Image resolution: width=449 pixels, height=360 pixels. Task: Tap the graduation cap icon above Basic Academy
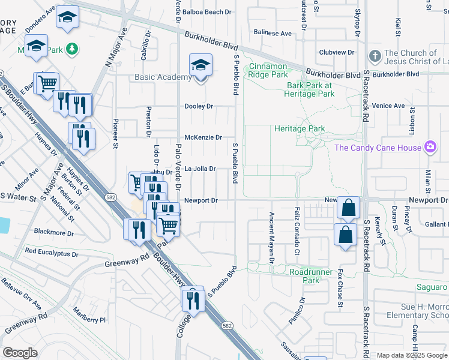point(201,65)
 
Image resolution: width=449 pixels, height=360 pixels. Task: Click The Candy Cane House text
point(378,148)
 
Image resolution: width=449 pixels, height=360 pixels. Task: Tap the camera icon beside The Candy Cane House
point(430,147)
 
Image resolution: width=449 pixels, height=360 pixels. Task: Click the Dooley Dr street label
point(199,106)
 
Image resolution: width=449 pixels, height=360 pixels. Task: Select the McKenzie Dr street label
point(203,137)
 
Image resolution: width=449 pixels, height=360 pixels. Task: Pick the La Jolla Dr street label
point(199,169)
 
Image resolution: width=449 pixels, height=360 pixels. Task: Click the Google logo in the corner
point(20,353)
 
